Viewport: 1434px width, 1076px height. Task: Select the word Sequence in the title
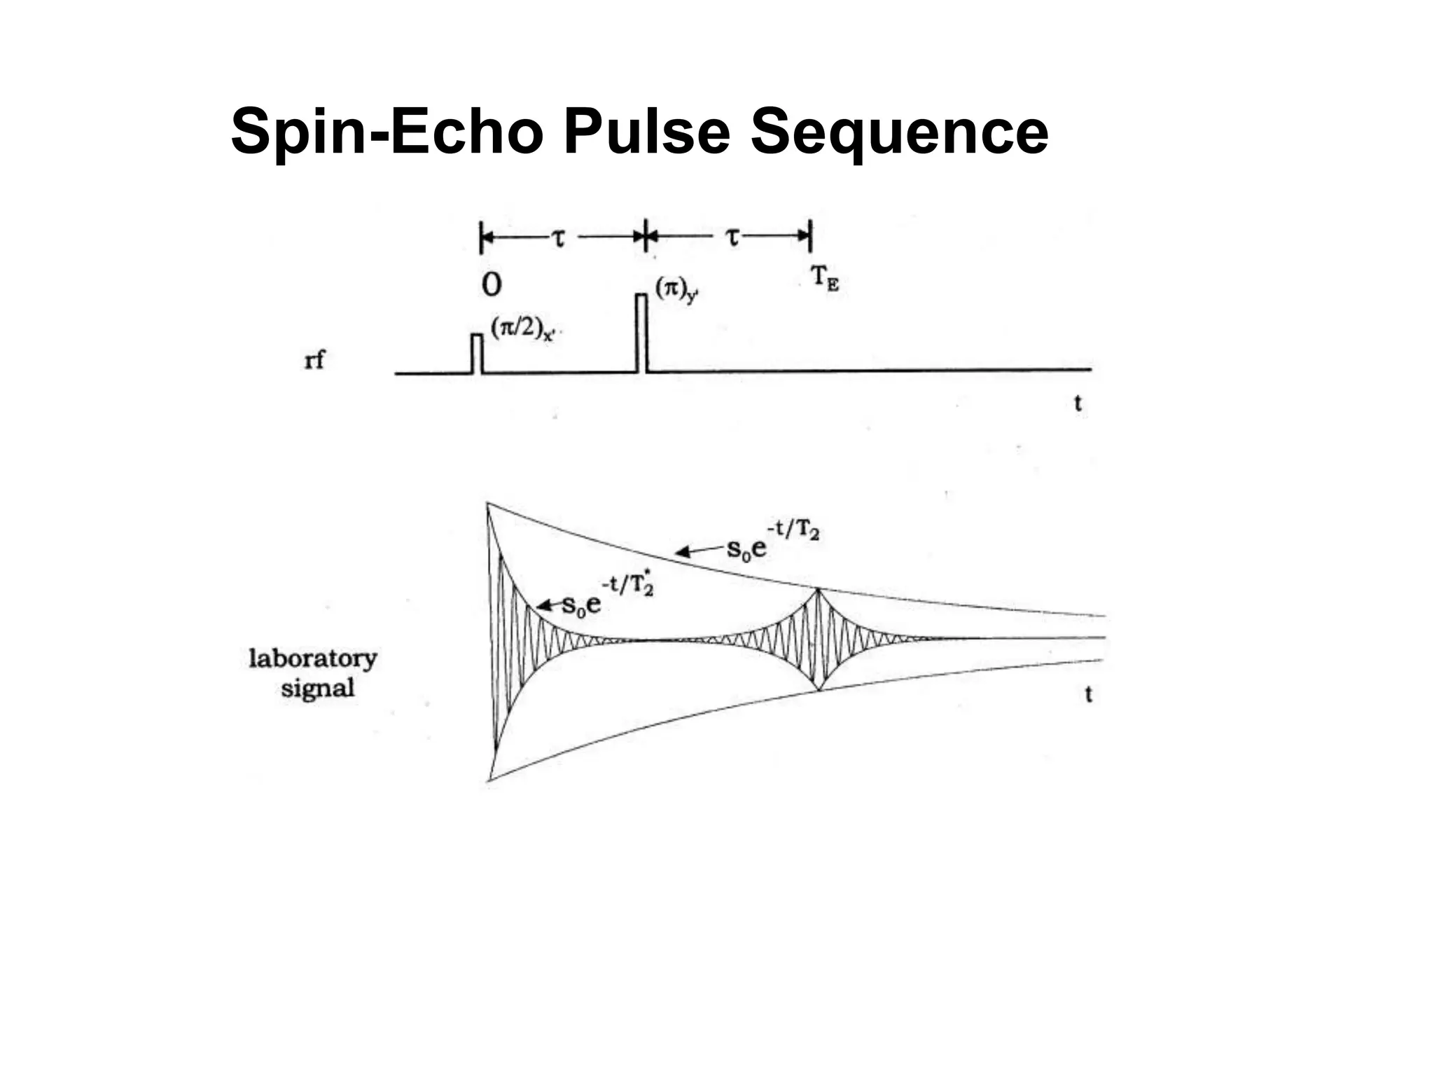click(900, 133)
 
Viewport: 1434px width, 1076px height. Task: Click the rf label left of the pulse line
click(314, 360)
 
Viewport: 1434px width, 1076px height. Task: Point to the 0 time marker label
click(492, 284)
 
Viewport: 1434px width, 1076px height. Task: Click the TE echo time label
click(824, 279)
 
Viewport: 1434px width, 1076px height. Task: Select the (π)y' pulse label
click(676, 290)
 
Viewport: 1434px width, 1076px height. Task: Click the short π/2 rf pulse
click(477, 354)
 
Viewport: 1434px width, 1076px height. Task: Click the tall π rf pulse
click(641, 333)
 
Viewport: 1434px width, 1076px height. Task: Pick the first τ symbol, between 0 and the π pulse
click(558, 239)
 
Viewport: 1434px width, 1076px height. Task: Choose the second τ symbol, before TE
click(732, 238)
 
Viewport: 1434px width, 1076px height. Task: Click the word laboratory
click(313, 658)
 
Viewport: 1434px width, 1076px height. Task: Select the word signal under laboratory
click(317, 688)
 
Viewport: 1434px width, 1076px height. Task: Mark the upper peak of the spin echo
click(818, 590)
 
